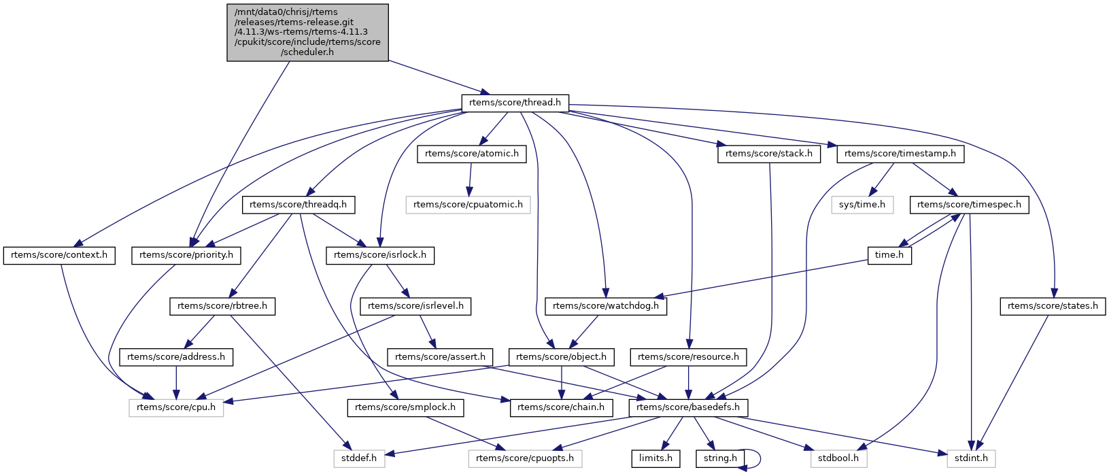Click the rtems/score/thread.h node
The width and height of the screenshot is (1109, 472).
515,103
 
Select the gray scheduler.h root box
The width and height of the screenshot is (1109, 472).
307,32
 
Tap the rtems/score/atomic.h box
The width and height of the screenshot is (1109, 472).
472,154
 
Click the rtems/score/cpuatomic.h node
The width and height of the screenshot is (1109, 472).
468,204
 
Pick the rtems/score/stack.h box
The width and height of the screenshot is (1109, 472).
768,154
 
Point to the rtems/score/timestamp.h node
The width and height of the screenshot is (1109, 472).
900,154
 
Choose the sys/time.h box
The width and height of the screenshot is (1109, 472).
861,204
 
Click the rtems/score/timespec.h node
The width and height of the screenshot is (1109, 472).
969,204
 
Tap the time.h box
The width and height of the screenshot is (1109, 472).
889,255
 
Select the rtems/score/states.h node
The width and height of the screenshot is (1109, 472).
1053,306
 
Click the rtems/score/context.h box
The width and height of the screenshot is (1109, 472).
60,255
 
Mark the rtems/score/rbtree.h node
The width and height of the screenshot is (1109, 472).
222,306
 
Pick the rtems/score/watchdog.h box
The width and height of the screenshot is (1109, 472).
606,306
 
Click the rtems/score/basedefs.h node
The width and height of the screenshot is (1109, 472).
689,407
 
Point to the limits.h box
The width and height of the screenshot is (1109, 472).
655,458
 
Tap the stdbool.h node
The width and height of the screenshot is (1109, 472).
839,458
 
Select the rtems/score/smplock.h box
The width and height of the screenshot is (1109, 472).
406,407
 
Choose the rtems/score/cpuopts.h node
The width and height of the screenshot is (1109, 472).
525,458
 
